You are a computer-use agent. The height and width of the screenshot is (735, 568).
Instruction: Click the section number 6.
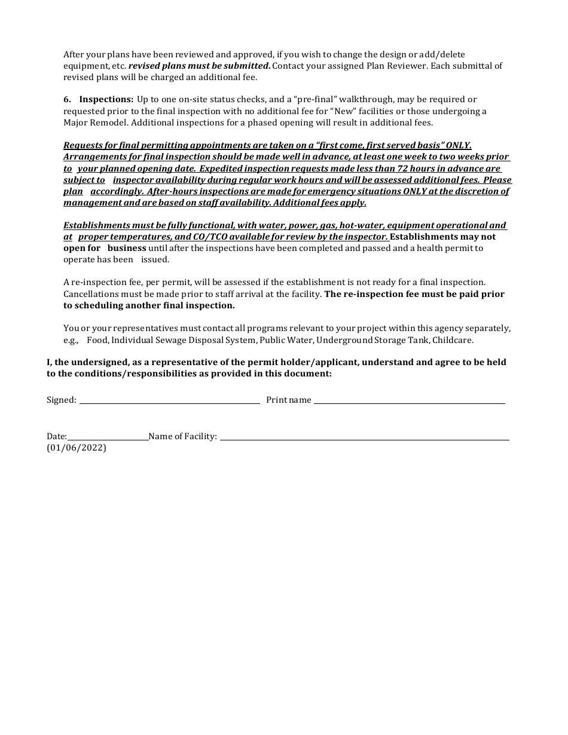click(x=66, y=100)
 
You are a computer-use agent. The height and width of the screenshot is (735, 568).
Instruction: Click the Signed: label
click(x=62, y=400)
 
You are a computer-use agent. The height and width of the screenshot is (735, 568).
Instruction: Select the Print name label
click(x=289, y=400)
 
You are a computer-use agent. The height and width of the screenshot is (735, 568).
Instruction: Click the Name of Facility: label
click(x=182, y=437)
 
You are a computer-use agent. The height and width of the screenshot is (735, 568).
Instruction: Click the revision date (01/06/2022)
click(x=77, y=448)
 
